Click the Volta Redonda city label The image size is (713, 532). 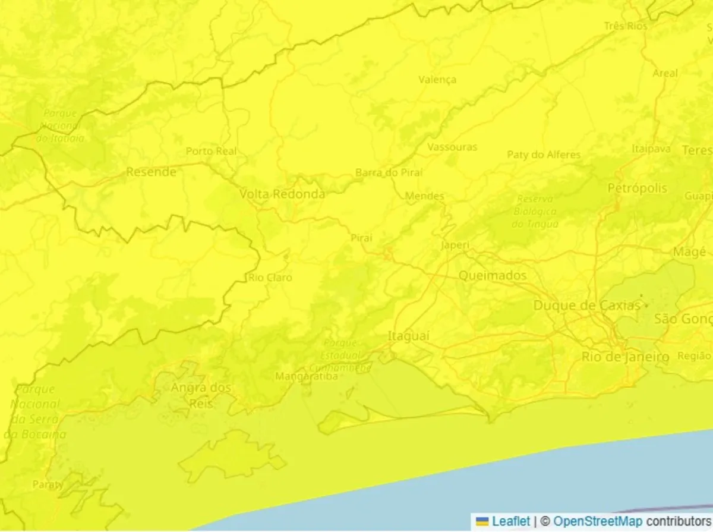[x=282, y=194]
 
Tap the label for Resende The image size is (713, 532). [x=151, y=172]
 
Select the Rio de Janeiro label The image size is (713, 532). [x=625, y=357]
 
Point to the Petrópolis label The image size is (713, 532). [x=638, y=188]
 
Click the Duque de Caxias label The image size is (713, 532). [x=587, y=306]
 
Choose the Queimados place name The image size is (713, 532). [x=493, y=276]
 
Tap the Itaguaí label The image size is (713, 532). [x=408, y=336]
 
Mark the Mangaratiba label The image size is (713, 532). [x=307, y=377]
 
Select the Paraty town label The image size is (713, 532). [x=48, y=484]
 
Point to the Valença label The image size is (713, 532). [x=437, y=80]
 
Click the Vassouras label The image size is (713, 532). [x=452, y=147]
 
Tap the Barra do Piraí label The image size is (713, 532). [x=389, y=173]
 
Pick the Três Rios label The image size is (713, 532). [x=626, y=26]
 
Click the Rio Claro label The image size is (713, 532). [x=270, y=278]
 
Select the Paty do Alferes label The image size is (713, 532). [x=544, y=155]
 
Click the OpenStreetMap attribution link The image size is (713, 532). [x=598, y=522]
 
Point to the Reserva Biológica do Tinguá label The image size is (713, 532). [x=535, y=212]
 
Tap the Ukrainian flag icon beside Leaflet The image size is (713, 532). [x=482, y=522]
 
